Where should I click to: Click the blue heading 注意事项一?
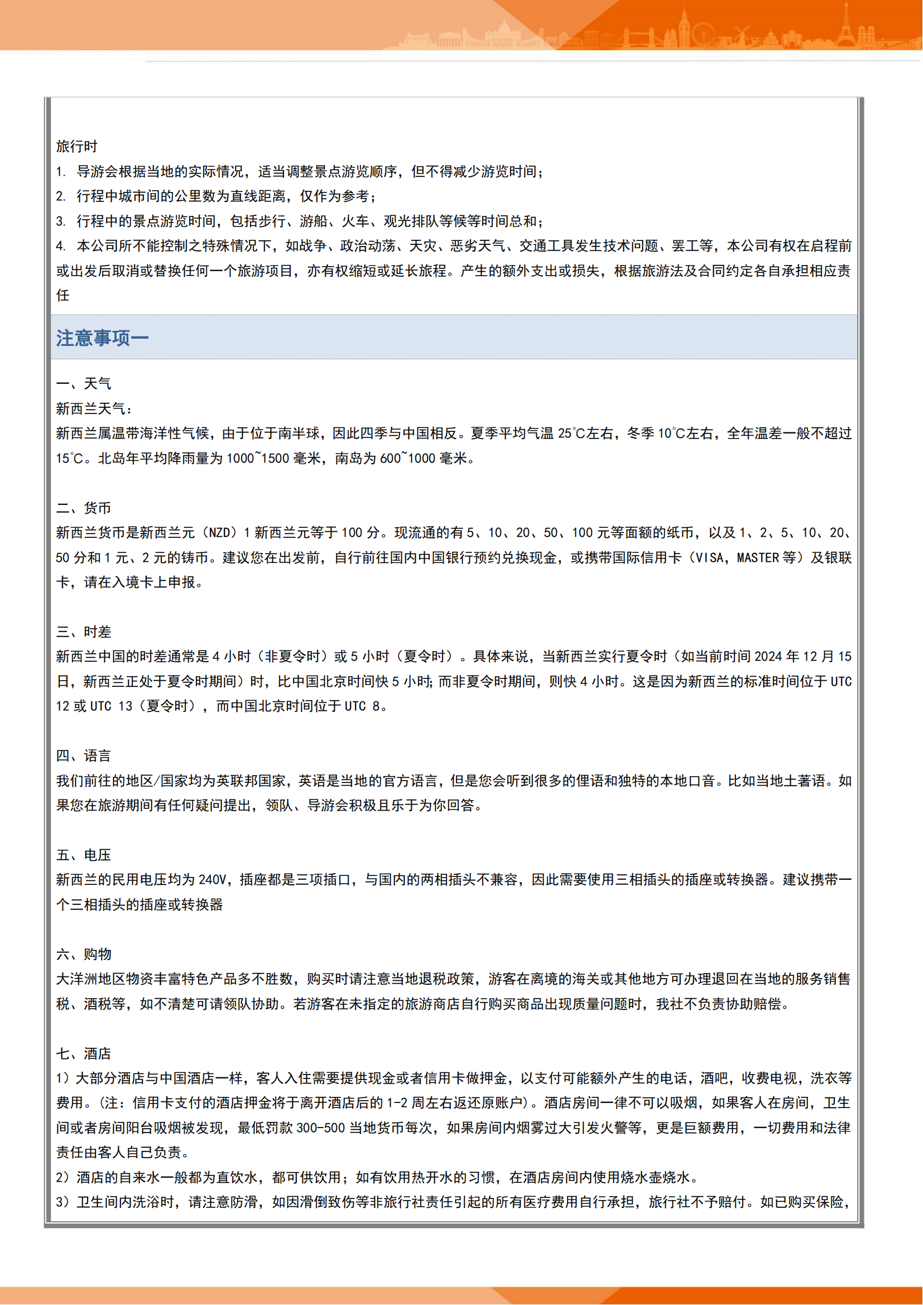click(x=102, y=338)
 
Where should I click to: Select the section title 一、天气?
click(x=84, y=384)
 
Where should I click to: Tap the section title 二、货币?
click(x=84, y=508)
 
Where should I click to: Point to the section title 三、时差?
click(x=84, y=632)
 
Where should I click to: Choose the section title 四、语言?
click(x=84, y=755)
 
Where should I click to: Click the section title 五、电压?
click(x=84, y=855)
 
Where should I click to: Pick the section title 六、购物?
click(x=84, y=954)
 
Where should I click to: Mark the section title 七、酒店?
click(x=84, y=1053)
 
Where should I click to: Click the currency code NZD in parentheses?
click(x=219, y=533)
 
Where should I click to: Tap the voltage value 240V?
click(x=213, y=880)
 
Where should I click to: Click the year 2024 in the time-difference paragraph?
click(x=768, y=657)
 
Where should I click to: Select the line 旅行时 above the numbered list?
click(x=76, y=147)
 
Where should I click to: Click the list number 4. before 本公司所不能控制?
click(x=61, y=245)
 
